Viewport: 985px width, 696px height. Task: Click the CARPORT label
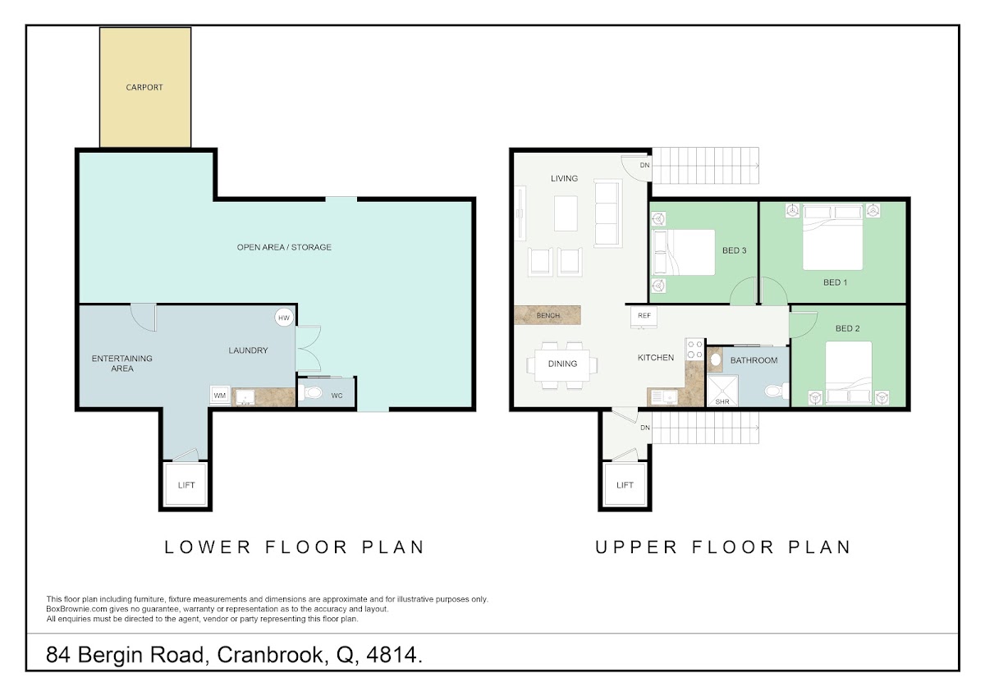tap(144, 88)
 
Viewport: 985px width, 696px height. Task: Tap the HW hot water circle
tap(284, 318)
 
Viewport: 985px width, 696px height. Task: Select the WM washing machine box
tap(220, 396)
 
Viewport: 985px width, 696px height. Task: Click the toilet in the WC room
tap(310, 392)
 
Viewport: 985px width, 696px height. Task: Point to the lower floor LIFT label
tap(186, 485)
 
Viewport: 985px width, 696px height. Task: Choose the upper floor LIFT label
tap(625, 485)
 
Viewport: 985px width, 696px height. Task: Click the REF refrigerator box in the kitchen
tap(644, 317)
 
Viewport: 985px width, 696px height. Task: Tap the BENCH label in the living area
tap(548, 315)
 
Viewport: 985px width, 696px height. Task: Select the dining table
tap(562, 365)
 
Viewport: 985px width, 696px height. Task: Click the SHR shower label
tap(722, 401)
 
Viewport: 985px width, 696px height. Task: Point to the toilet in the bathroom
tap(777, 391)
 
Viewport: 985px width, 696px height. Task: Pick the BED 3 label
tap(735, 250)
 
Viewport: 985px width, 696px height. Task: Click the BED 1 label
tap(835, 282)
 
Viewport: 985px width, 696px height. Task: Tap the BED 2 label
tap(847, 328)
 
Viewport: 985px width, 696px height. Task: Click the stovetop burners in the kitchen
tap(694, 350)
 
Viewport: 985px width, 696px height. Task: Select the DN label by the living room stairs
tap(644, 165)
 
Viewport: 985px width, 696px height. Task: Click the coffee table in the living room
tap(566, 213)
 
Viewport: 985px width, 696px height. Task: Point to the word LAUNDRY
tap(248, 350)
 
